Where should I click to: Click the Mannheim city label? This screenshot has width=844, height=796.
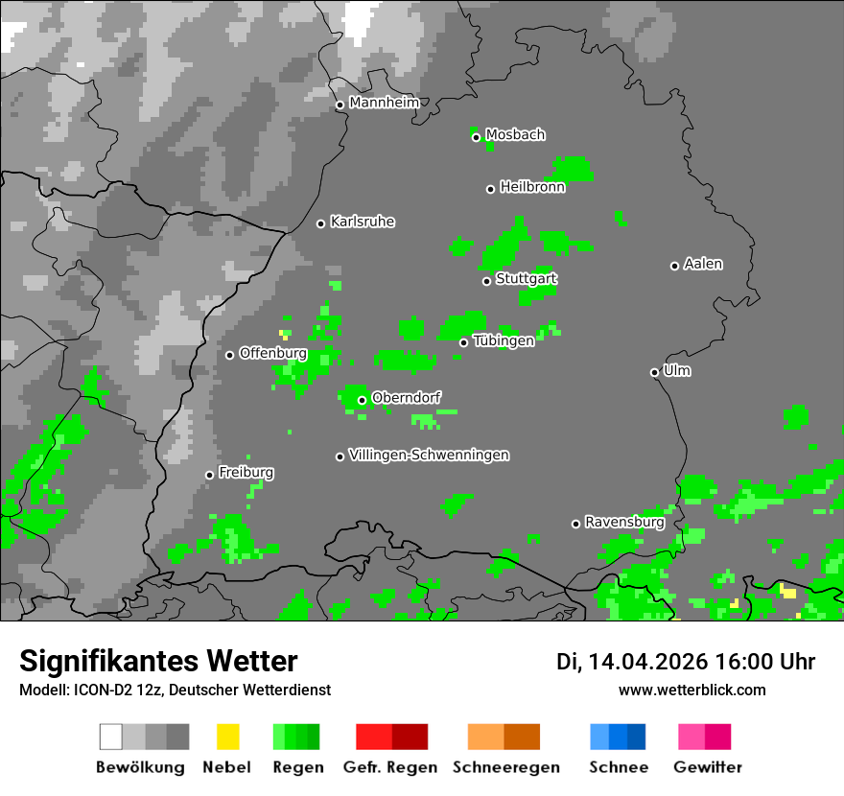point(385,103)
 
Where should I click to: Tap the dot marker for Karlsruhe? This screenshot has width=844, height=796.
point(321,223)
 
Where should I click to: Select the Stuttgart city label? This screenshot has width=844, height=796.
point(527,279)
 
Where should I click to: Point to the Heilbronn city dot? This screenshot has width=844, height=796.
point(491,189)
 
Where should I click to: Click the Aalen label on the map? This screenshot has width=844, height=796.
point(703,264)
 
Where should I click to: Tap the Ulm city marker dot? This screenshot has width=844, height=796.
point(655,372)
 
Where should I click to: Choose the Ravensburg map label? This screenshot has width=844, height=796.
point(624,523)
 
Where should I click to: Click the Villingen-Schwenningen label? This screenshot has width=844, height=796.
point(429,455)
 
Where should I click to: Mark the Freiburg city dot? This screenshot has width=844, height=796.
point(210,475)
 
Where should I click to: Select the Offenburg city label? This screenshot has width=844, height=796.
point(272,353)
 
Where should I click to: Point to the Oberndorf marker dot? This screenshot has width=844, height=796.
point(363,400)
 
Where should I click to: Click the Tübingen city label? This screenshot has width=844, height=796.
point(504,340)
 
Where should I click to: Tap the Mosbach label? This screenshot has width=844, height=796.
point(515,135)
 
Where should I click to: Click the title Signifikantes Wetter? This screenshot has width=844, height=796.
point(158,662)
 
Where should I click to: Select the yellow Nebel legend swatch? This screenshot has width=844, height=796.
point(228,737)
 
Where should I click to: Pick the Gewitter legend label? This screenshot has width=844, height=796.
point(708,767)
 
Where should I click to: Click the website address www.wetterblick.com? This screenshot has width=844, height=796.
point(692,690)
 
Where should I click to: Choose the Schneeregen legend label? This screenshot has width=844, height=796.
point(506,767)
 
